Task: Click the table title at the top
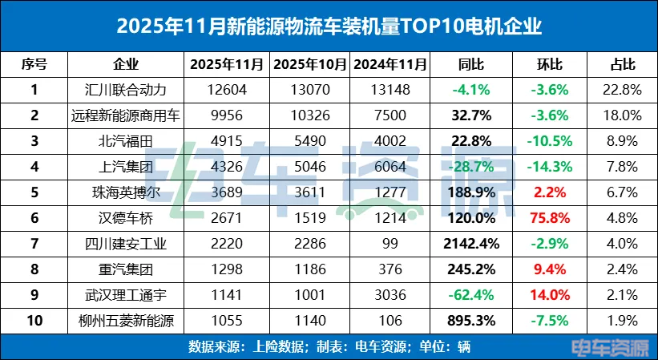point(329,26)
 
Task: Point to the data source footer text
point(329,348)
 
